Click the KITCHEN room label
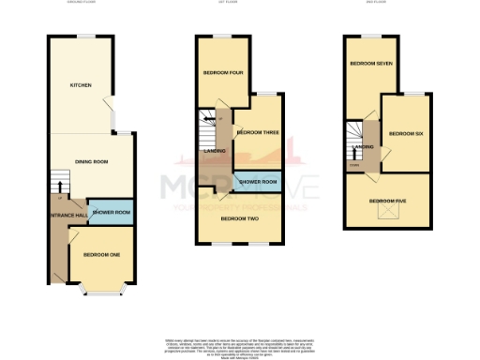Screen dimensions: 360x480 [x=81, y=86]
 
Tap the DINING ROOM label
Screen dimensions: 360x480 [x=92, y=162]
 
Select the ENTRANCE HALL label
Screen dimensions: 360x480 [x=67, y=214]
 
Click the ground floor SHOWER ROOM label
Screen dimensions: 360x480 [x=111, y=213]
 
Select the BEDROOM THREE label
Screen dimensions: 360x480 [x=258, y=132]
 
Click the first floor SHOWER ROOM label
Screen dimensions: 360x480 [x=258, y=181]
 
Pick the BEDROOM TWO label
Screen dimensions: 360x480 [x=240, y=218]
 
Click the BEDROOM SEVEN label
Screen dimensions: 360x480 [x=370, y=64]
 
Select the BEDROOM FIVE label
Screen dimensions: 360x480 [x=387, y=200]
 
